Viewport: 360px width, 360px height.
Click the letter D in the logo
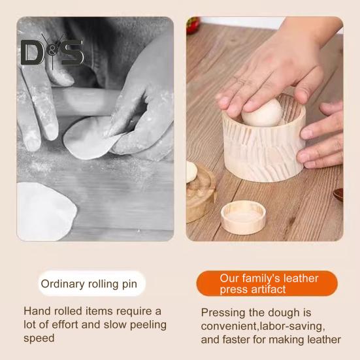[x=32, y=53]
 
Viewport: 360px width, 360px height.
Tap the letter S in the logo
[x=73, y=52]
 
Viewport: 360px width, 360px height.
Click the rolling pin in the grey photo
[x=85, y=102]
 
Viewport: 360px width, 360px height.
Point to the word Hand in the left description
[x=36, y=312]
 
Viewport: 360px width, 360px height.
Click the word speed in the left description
[x=39, y=338]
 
